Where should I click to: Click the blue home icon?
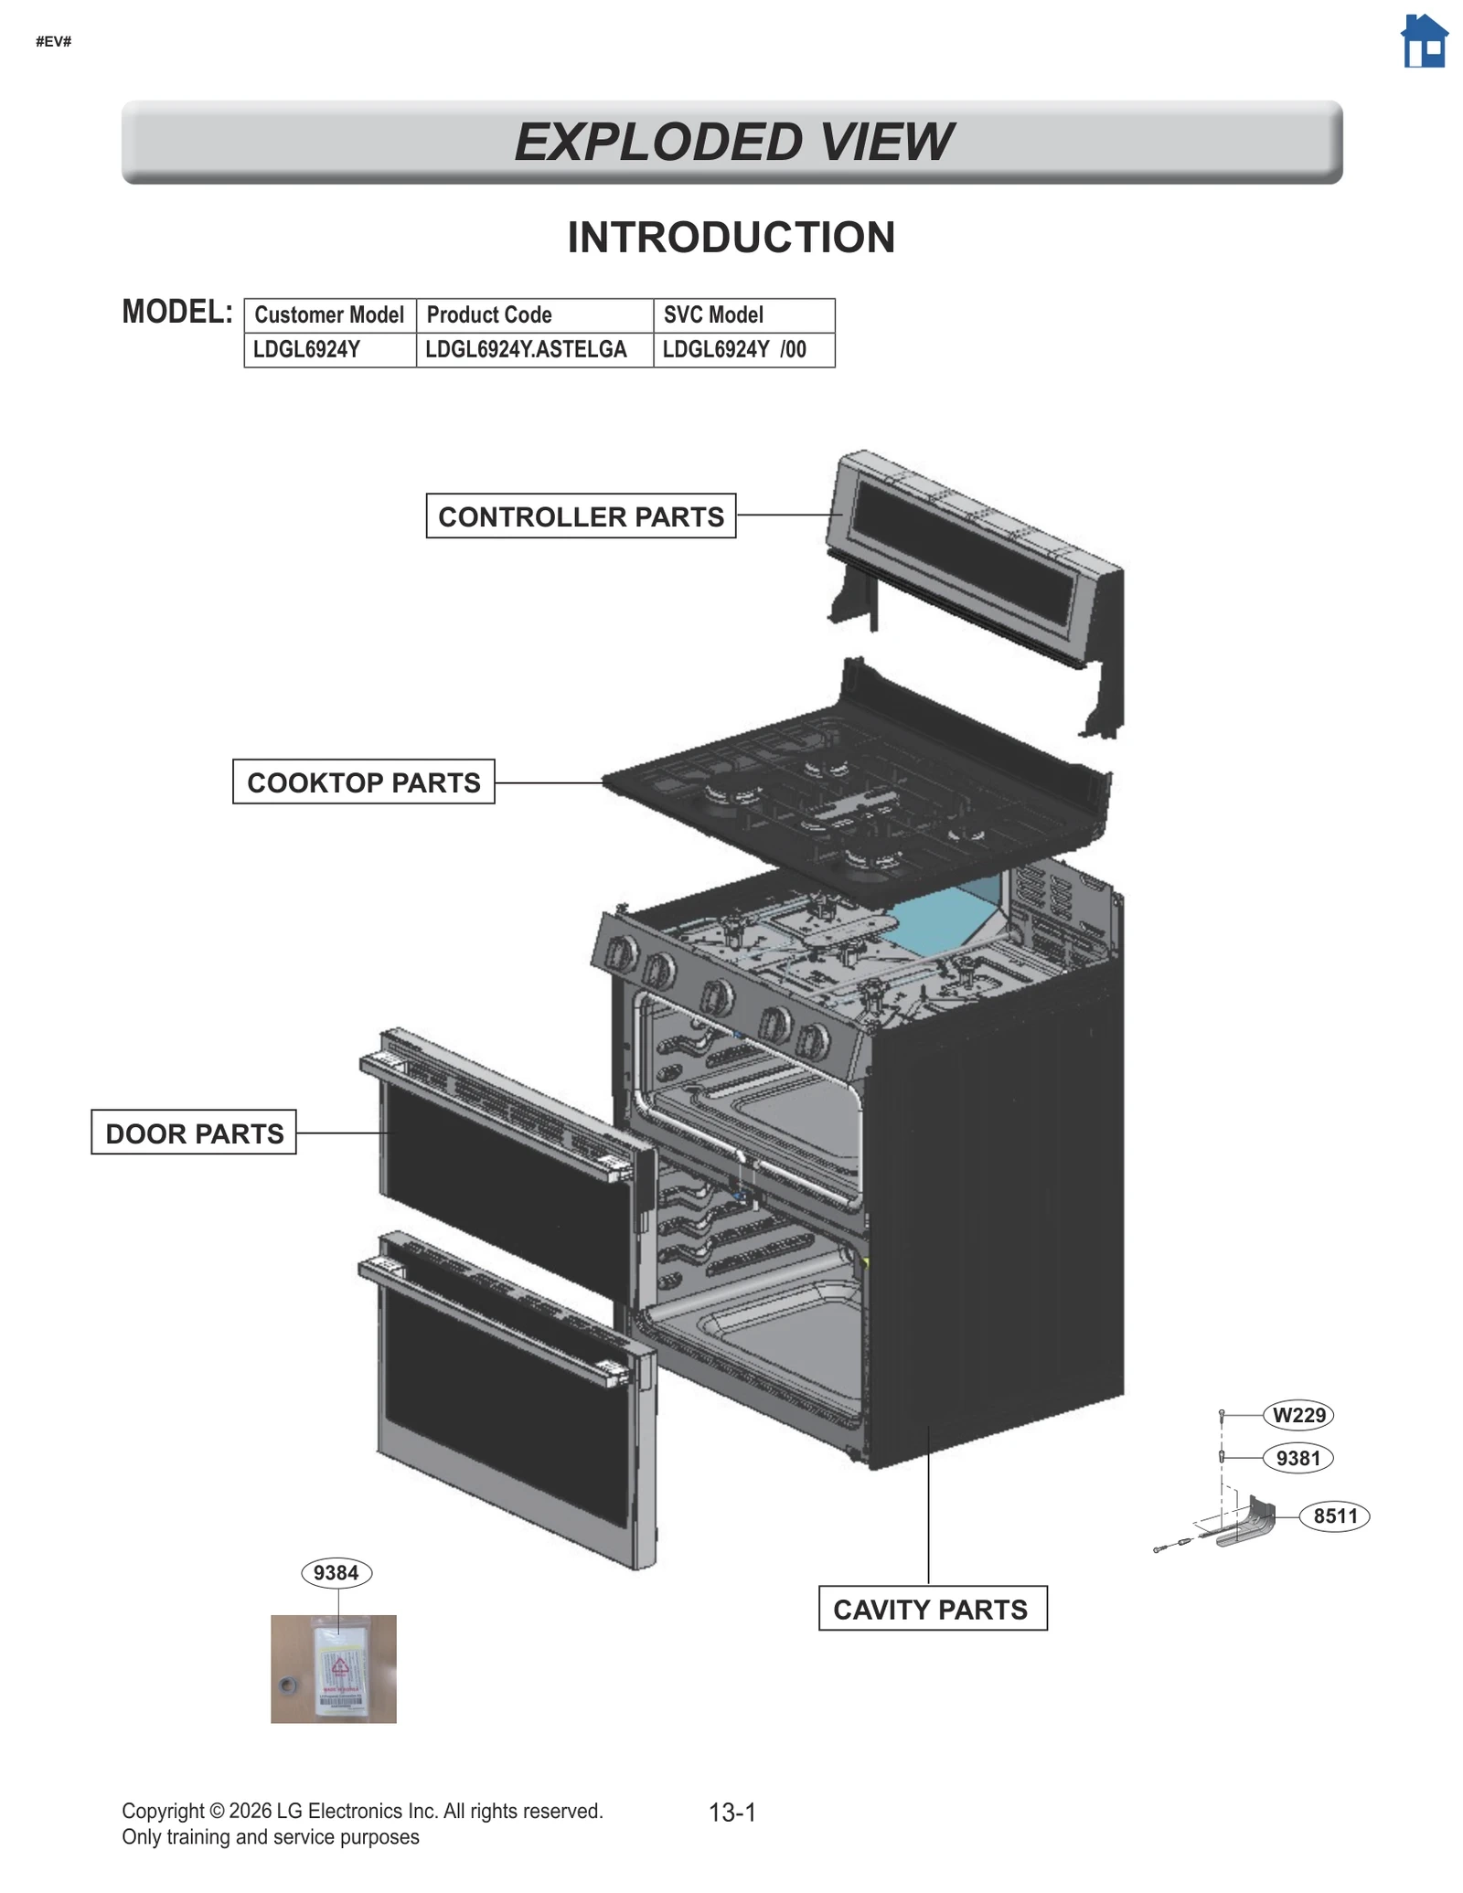(1424, 42)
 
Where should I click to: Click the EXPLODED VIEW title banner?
(731, 142)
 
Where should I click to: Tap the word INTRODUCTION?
(731, 238)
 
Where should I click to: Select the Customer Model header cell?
(329, 315)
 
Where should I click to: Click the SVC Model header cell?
(742, 315)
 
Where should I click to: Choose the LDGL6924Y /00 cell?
(742, 350)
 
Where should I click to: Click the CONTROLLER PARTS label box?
(581, 516)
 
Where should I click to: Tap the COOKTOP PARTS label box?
(363, 782)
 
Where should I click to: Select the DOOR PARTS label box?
(194, 1133)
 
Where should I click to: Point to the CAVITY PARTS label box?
(932, 1609)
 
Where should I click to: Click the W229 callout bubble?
(1298, 1415)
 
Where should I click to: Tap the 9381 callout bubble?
(1297, 1458)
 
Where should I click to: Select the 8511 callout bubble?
(1334, 1516)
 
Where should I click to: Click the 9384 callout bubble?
(336, 1573)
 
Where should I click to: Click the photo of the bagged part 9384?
(334, 1669)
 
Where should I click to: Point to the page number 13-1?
(731, 1813)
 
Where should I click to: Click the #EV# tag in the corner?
(53, 41)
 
